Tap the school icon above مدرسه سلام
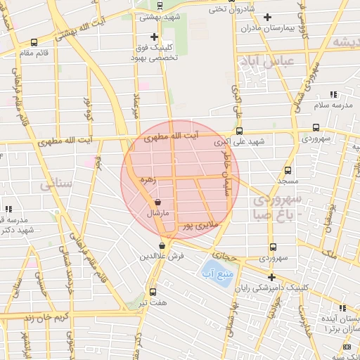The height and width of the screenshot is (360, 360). point(333,94)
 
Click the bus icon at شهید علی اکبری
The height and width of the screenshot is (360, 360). point(240,131)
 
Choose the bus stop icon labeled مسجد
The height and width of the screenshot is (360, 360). point(288,170)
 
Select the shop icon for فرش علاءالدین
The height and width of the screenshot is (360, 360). point(162,245)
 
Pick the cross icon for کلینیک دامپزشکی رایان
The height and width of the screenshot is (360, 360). point(271,276)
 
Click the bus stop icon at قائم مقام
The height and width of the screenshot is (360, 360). point(34,42)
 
